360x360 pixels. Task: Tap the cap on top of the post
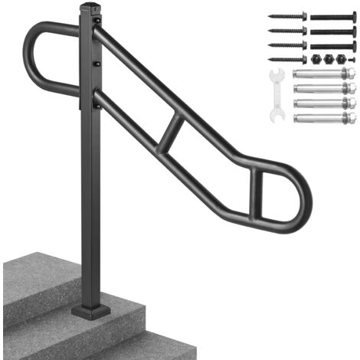[x=90, y=9]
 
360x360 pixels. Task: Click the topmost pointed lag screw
[x=287, y=15]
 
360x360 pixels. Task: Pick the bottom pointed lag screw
[x=287, y=58]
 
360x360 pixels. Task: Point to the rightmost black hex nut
[x=343, y=59]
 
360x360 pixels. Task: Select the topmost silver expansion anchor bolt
[x=322, y=74]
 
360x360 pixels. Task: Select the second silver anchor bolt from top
[x=322, y=88]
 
